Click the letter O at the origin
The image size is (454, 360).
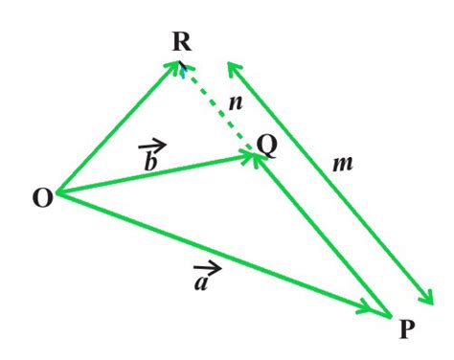tap(42, 198)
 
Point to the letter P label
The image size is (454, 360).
tap(406, 329)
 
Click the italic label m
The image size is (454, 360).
tap(343, 164)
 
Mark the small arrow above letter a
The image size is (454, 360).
tap(205, 269)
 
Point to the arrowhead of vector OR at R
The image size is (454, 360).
tap(176, 66)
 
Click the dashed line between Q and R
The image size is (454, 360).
tap(216, 107)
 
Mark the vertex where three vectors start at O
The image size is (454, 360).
tap(59, 193)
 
